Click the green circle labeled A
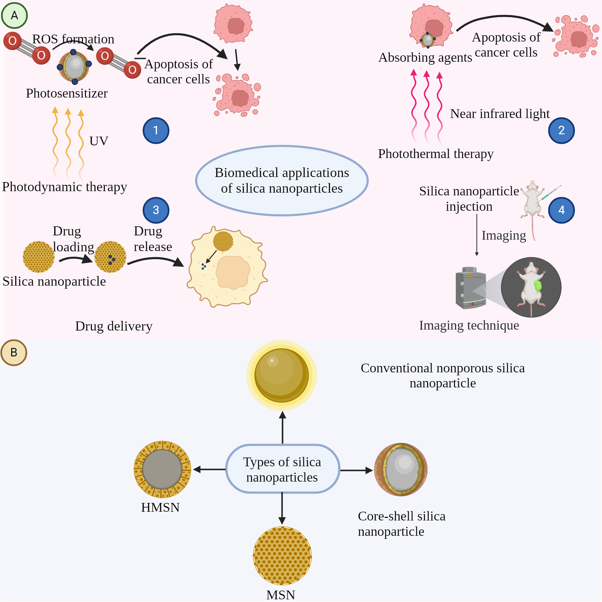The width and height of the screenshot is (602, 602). tap(14, 15)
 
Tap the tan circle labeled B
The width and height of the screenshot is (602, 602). tap(14, 352)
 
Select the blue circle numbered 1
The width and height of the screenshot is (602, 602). tap(156, 130)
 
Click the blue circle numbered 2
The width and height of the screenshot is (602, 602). tap(561, 130)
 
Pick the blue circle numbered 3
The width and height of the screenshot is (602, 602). tap(156, 210)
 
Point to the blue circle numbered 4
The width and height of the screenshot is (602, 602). tap(561, 210)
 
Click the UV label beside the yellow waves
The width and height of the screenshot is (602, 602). tap(99, 141)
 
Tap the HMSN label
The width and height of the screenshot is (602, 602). tap(160, 507)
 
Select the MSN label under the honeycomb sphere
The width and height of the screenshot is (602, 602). tap(281, 595)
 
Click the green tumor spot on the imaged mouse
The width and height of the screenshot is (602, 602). tap(538, 285)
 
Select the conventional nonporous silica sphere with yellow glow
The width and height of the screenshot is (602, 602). tap(281, 375)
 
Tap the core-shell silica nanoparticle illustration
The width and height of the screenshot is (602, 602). tap(401, 470)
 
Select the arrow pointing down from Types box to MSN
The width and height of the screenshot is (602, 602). tap(282, 508)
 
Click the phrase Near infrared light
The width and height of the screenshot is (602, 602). tap(499, 114)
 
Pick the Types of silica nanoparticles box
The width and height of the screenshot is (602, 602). tap(282, 469)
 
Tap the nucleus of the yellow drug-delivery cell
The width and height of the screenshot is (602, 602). tap(233, 272)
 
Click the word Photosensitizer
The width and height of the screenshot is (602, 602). tap(67, 94)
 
